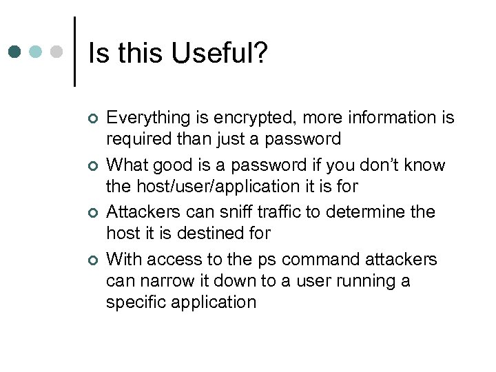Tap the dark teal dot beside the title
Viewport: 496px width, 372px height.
click(x=15, y=52)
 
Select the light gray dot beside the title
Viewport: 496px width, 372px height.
click(x=58, y=52)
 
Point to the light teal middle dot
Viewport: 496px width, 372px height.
click(x=37, y=52)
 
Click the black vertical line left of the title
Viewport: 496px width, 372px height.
click(x=74, y=52)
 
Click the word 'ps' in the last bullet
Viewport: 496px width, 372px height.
click(x=267, y=260)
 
